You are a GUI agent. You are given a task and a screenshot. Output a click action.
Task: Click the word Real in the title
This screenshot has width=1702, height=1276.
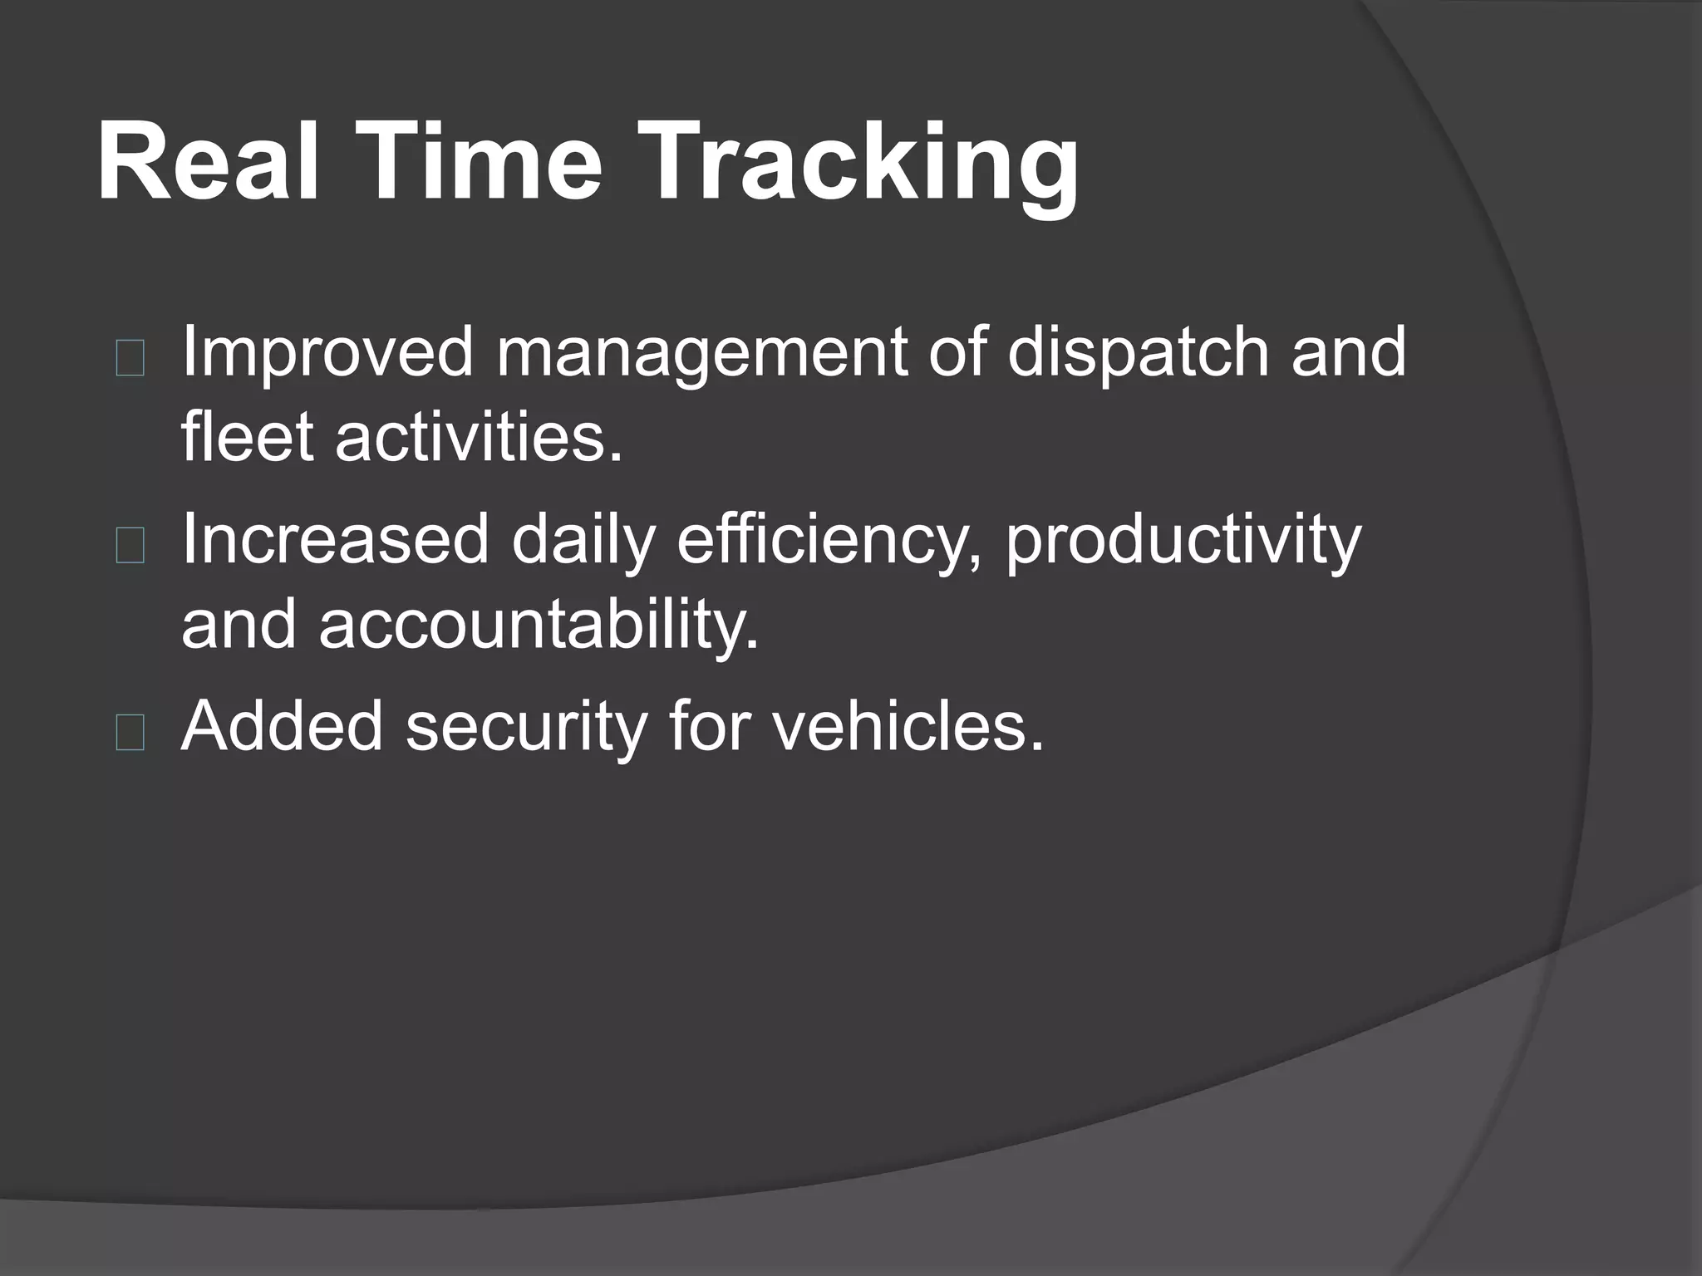[208, 161]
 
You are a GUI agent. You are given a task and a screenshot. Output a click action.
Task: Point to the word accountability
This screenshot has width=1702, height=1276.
[539, 627]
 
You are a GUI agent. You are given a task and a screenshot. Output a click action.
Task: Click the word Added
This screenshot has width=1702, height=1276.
[283, 727]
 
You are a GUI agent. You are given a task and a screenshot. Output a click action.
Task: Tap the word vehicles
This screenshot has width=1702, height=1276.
[907, 727]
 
